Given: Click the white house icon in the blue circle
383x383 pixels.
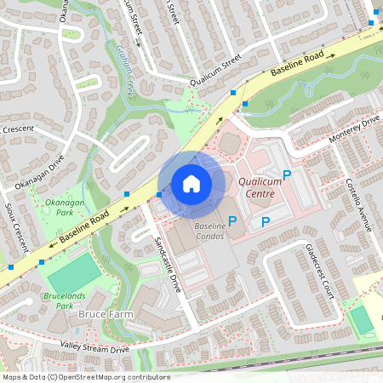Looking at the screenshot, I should [x=191, y=183].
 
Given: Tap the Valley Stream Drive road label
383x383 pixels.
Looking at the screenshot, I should [x=94, y=347].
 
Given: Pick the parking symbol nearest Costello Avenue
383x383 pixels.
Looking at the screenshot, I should [x=287, y=174].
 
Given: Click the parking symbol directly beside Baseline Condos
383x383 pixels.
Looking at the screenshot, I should [x=232, y=220].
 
